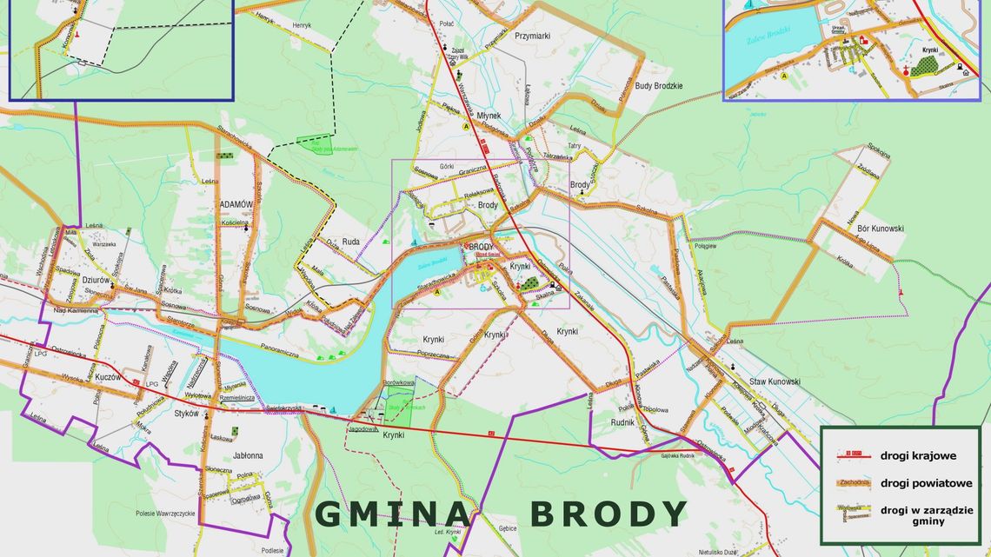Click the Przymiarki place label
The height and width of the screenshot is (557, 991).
(532, 36)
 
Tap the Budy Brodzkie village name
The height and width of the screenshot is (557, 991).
(659, 85)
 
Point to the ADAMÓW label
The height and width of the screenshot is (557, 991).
(236, 204)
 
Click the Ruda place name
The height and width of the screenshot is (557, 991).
(350, 242)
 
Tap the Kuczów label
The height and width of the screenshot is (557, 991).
(108, 377)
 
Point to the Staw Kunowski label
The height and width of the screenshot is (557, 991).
(775, 381)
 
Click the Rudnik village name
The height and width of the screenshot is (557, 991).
(622, 423)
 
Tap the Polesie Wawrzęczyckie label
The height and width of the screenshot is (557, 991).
(165, 514)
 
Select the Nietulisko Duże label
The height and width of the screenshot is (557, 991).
(718, 551)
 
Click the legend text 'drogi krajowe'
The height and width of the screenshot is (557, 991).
(920, 454)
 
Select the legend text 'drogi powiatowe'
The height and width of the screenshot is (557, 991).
(926, 483)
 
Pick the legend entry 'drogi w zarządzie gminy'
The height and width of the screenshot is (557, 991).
(926, 516)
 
